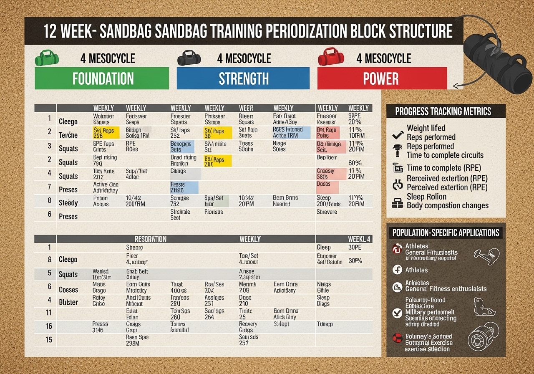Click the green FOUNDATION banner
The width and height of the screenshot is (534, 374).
(102, 78)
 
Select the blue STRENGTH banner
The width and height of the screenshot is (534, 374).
(243, 78)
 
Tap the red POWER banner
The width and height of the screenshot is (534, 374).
(381, 78)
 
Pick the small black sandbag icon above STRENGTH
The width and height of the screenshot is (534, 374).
(189, 57)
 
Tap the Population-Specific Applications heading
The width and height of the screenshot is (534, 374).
(445, 233)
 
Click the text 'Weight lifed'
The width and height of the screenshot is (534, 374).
(426, 128)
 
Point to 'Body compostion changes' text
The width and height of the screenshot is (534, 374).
(448, 205)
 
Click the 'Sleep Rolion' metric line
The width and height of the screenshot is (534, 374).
(426, 197)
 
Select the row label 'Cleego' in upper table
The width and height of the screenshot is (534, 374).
(68, 122)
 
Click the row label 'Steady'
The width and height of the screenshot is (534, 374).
(68, 203)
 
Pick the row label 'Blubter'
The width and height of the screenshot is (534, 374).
(68, 302)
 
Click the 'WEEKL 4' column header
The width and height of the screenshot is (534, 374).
(359, 239)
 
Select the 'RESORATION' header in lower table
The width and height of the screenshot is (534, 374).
(150, 239)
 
